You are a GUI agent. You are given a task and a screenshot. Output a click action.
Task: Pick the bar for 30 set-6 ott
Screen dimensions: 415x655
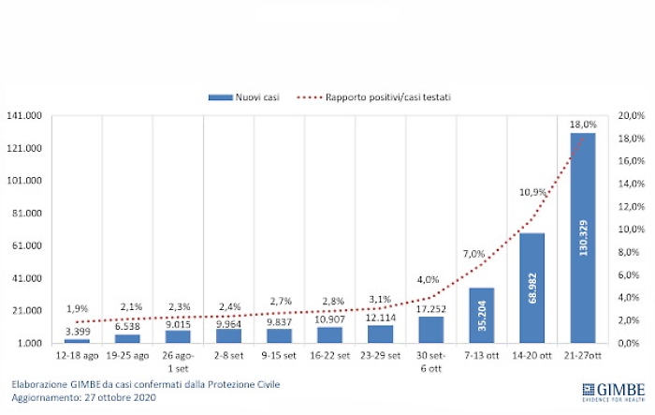tap(430, 331)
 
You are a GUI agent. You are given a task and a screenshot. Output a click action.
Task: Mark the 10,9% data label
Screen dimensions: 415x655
tap(531, 192)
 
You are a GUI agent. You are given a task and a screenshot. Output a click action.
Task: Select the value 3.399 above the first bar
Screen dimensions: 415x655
tap(77, 331)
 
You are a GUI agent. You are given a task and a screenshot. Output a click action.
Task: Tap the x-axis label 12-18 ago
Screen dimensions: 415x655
tap(77, 358)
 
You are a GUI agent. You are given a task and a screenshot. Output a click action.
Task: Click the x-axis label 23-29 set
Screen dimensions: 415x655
tap(380, 358)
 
